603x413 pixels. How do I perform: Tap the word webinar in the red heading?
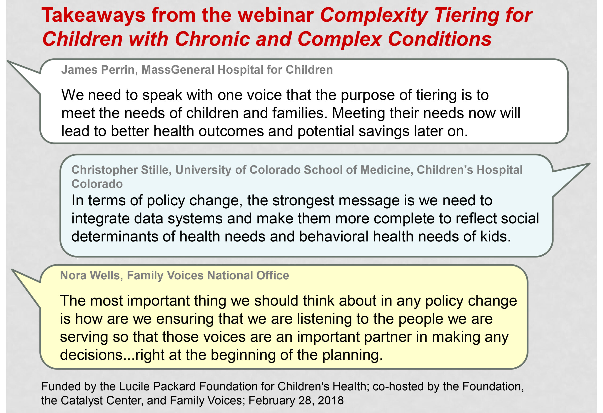pos(276,15)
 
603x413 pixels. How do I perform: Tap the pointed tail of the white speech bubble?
pos(8,61)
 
